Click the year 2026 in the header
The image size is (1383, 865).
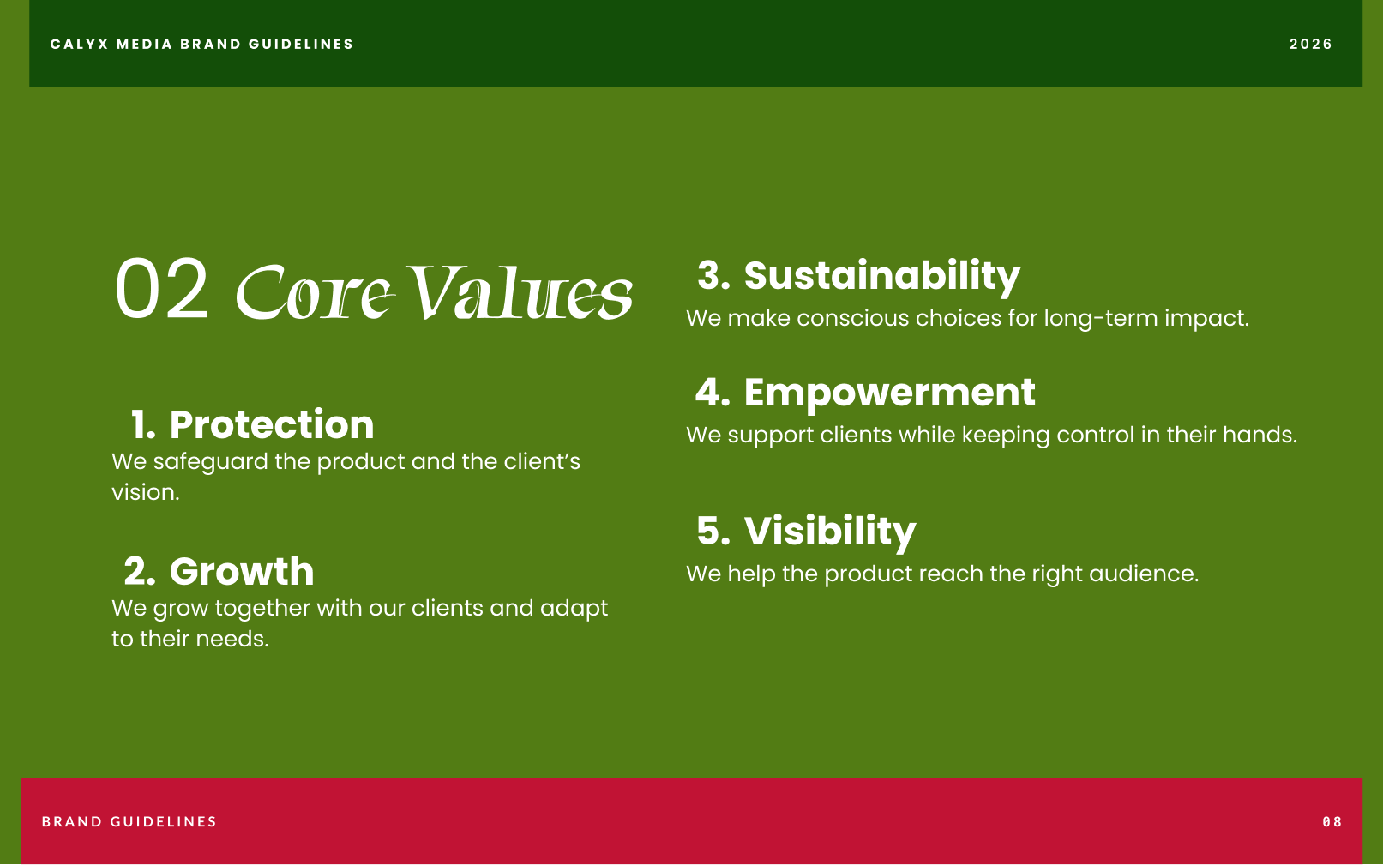1311,44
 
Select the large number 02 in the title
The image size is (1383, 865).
162,289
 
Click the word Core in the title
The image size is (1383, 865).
315,292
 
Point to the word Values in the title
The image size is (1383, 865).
520,292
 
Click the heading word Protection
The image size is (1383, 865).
272,424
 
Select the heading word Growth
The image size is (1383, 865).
242,571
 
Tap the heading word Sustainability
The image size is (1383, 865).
881,277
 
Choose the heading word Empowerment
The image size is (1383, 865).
890,393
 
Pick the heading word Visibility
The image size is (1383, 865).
830,532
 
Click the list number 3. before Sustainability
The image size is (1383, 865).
713,275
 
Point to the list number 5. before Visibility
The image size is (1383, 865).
713,531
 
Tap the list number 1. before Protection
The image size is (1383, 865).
143,424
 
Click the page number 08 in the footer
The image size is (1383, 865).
1332,822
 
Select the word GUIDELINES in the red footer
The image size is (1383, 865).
164,822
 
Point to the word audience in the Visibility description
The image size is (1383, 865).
1144,574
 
